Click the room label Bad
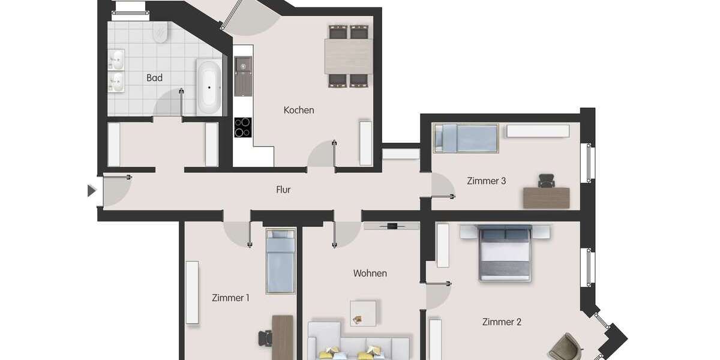coord(154,78)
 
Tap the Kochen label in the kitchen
coord(299,110)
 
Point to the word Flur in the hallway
coord(283,190)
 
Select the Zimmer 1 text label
coord(230,298)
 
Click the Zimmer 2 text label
coord(502,322)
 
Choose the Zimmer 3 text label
coord(487,181)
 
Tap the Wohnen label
coord(370,274)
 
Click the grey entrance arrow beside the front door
coord(91,191)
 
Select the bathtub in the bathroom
coord(209,87)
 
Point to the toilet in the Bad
coord(160,32)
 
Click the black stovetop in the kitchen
coord(242,127)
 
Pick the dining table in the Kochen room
coord(349,56)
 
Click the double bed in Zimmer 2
coord(505,253)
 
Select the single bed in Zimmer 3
coord(466,137)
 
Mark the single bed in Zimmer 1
coord(280,261)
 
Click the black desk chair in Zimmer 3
coord(546,180)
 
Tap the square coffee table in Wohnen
coord(363,313)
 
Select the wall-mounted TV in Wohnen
coord(392,226)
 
